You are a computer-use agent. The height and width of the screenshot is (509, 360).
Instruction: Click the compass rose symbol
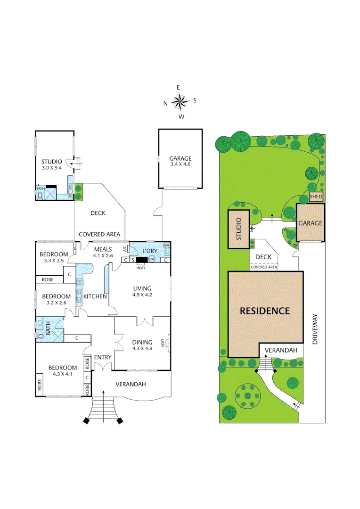[x=180, y=101]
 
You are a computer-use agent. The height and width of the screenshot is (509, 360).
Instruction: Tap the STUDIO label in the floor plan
[x=51, y=162]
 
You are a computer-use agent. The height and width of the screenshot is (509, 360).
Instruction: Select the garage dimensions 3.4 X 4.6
[x=181, y=164]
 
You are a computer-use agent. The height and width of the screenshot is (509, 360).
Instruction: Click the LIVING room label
[x=142, y=288]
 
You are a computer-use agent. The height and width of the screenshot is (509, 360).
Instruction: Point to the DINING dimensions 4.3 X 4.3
[x=142, y=349]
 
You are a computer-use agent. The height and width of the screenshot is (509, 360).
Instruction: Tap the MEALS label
[x=103, y=249]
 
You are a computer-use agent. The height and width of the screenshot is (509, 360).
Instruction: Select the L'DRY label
[x=143, y=249]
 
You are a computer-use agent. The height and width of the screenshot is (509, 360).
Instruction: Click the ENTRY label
[x=102, y=357]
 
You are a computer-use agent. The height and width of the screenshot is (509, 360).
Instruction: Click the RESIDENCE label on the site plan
[x=264, y=311]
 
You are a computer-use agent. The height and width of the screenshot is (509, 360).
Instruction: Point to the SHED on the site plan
[x=316, y=197]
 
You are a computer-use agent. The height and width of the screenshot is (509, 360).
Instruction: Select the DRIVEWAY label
[x=314, y=329]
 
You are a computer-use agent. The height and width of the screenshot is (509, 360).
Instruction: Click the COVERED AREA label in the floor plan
[x=99, y=234]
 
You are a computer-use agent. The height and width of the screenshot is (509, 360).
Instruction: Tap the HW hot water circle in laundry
[x=152, y=260]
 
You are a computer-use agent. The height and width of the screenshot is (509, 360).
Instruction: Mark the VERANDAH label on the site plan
[x=280, y=350]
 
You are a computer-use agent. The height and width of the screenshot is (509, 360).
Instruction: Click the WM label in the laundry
[x=166, y=246]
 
